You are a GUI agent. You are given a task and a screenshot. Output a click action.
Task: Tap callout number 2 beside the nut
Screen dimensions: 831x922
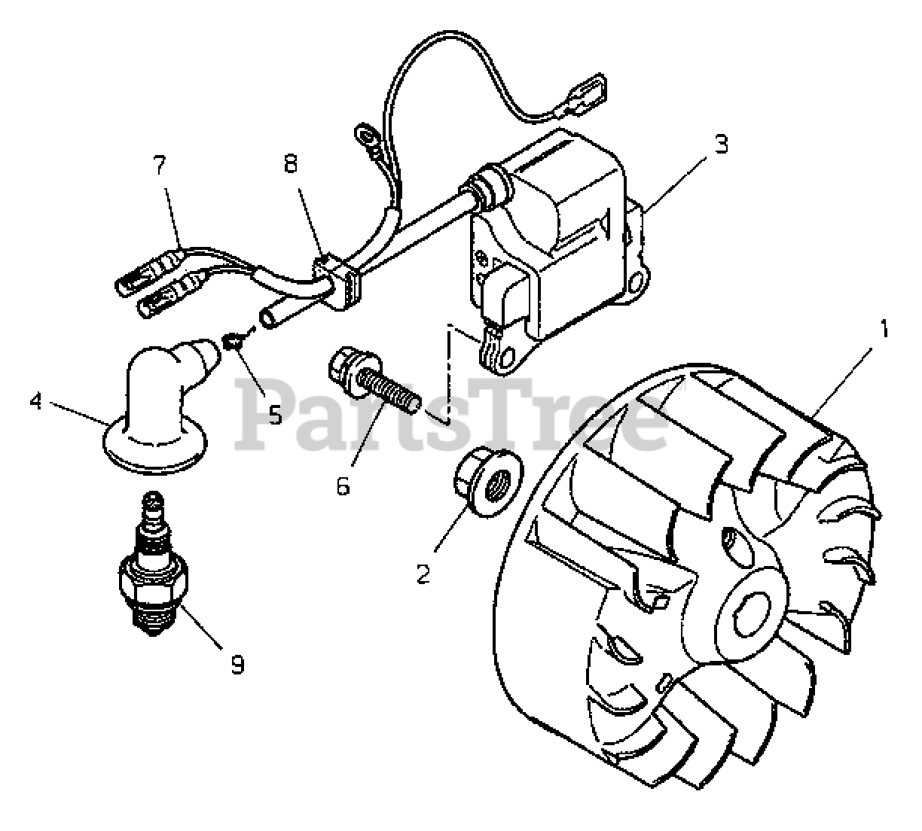(x=423, y=574)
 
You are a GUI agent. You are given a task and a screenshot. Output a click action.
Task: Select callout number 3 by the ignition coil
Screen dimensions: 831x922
(x=721, y=145)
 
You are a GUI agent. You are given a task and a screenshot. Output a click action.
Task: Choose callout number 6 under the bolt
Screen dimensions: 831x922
(x=343, y=486)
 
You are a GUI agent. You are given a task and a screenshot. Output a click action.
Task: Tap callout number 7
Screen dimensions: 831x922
(x=159, y=166)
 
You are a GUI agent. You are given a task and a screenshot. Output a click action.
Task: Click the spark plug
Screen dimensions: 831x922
(x=154, y=572)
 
